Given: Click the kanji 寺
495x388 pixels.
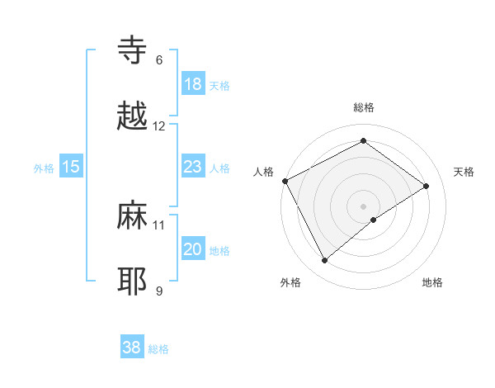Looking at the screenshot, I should [x=133, y=50].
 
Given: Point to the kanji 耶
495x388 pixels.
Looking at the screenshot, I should [x=133, y=281].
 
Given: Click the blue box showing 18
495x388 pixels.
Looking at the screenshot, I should [x=192, y=84].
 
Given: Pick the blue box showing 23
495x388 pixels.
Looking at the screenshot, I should [x=192, y=167].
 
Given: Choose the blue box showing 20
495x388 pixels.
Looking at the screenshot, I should [x=192, y=249].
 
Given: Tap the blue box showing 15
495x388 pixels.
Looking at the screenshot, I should [x=71, y=167].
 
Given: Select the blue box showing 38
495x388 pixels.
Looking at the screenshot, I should [x=132, y=348].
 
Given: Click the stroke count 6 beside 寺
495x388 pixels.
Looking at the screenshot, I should [x=158, y=60].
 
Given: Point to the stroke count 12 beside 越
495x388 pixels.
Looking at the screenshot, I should [x=159, y=126].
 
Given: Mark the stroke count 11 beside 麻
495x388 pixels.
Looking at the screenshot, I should [x=159, y=225].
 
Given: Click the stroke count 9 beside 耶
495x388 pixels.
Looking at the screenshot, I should [x=158, y=291].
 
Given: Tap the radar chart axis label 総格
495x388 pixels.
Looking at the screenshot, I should [x=364, y=107].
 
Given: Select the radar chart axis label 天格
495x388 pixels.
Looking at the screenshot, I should [x=464, y=172].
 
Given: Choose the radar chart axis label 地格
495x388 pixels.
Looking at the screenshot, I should [x=432, y=283].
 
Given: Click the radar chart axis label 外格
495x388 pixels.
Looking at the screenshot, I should [x=290, y=283].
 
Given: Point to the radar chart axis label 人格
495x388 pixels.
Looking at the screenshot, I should [x=263, y=172].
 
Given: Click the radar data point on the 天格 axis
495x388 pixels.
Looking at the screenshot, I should [x=427, y=186].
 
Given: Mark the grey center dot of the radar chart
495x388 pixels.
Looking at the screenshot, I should [x=364, y=206].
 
